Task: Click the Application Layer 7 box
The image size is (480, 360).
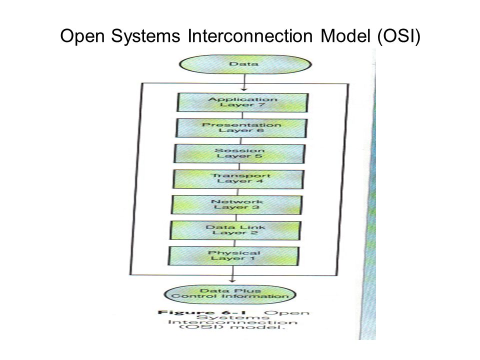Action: (242, 102)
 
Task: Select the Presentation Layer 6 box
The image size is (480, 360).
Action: (241, 128)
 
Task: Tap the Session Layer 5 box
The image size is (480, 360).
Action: (239, 153)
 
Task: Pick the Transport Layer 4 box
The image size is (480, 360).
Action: (238, 179)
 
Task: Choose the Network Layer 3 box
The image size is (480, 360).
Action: (236, 205)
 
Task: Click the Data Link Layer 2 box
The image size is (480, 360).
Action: (235, 230)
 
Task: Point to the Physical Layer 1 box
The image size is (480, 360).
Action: (233, 256)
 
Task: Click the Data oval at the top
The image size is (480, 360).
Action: (245, 64)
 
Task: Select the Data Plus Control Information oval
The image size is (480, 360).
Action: (230, 294)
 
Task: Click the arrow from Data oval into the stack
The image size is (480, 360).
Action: (244, 82)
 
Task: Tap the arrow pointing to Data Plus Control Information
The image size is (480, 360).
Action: (232, 274)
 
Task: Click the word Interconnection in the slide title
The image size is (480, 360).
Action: (250, 36)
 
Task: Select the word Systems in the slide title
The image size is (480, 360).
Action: (145, 36)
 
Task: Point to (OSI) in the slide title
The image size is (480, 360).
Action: (399, 36)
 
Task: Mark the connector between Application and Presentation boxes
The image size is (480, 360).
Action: (242, 115)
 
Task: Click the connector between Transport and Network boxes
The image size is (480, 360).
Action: (238, 192)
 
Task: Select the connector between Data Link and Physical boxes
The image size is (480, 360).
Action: (235, 243)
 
